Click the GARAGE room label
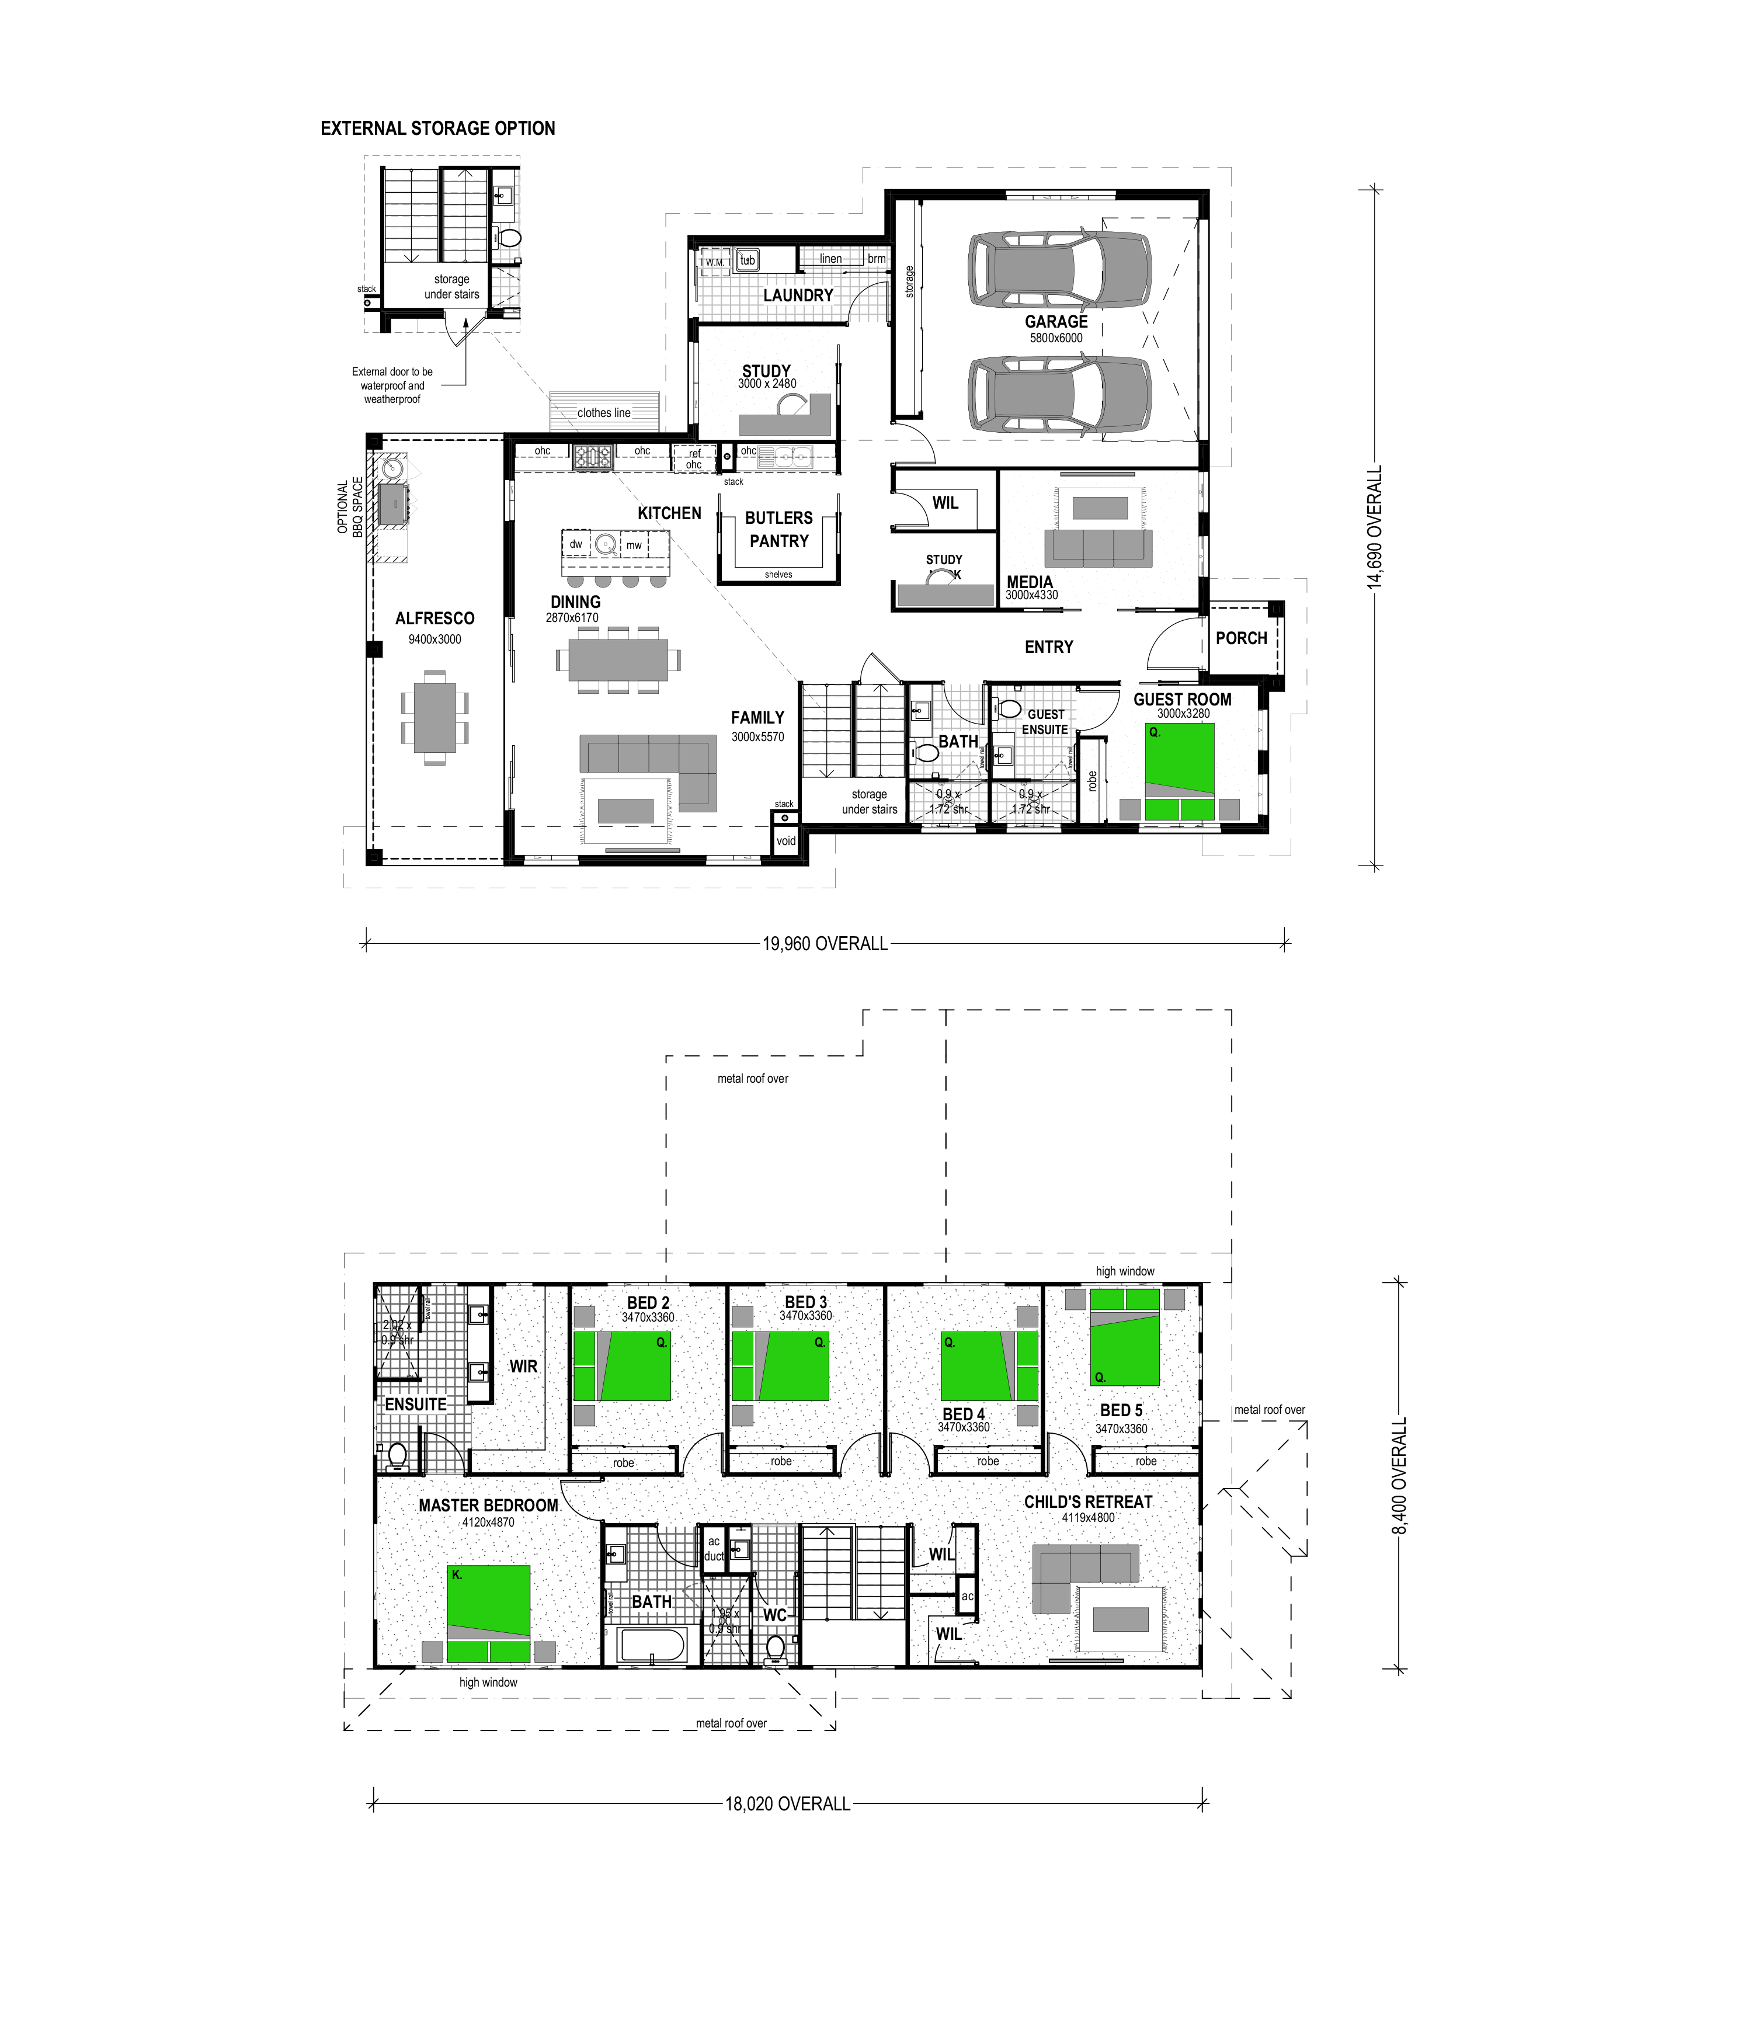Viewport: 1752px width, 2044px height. (1055, 322)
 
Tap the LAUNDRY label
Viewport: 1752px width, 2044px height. (798, 295)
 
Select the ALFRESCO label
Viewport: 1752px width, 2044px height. (435, 618)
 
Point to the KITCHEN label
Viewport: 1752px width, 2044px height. (669, 513)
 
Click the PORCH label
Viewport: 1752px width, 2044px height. (1241, 638)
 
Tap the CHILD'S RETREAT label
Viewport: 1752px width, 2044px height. (1088, 1501)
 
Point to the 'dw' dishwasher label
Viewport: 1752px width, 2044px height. (576, 544)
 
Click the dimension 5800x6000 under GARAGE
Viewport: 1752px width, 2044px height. (1055, 338)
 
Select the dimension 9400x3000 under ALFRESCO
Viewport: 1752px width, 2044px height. (435, 639)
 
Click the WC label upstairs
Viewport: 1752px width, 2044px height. (774, 1615)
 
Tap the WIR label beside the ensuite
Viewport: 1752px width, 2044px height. (523, 1367)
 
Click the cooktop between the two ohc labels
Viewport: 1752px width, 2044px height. (593, 457)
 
